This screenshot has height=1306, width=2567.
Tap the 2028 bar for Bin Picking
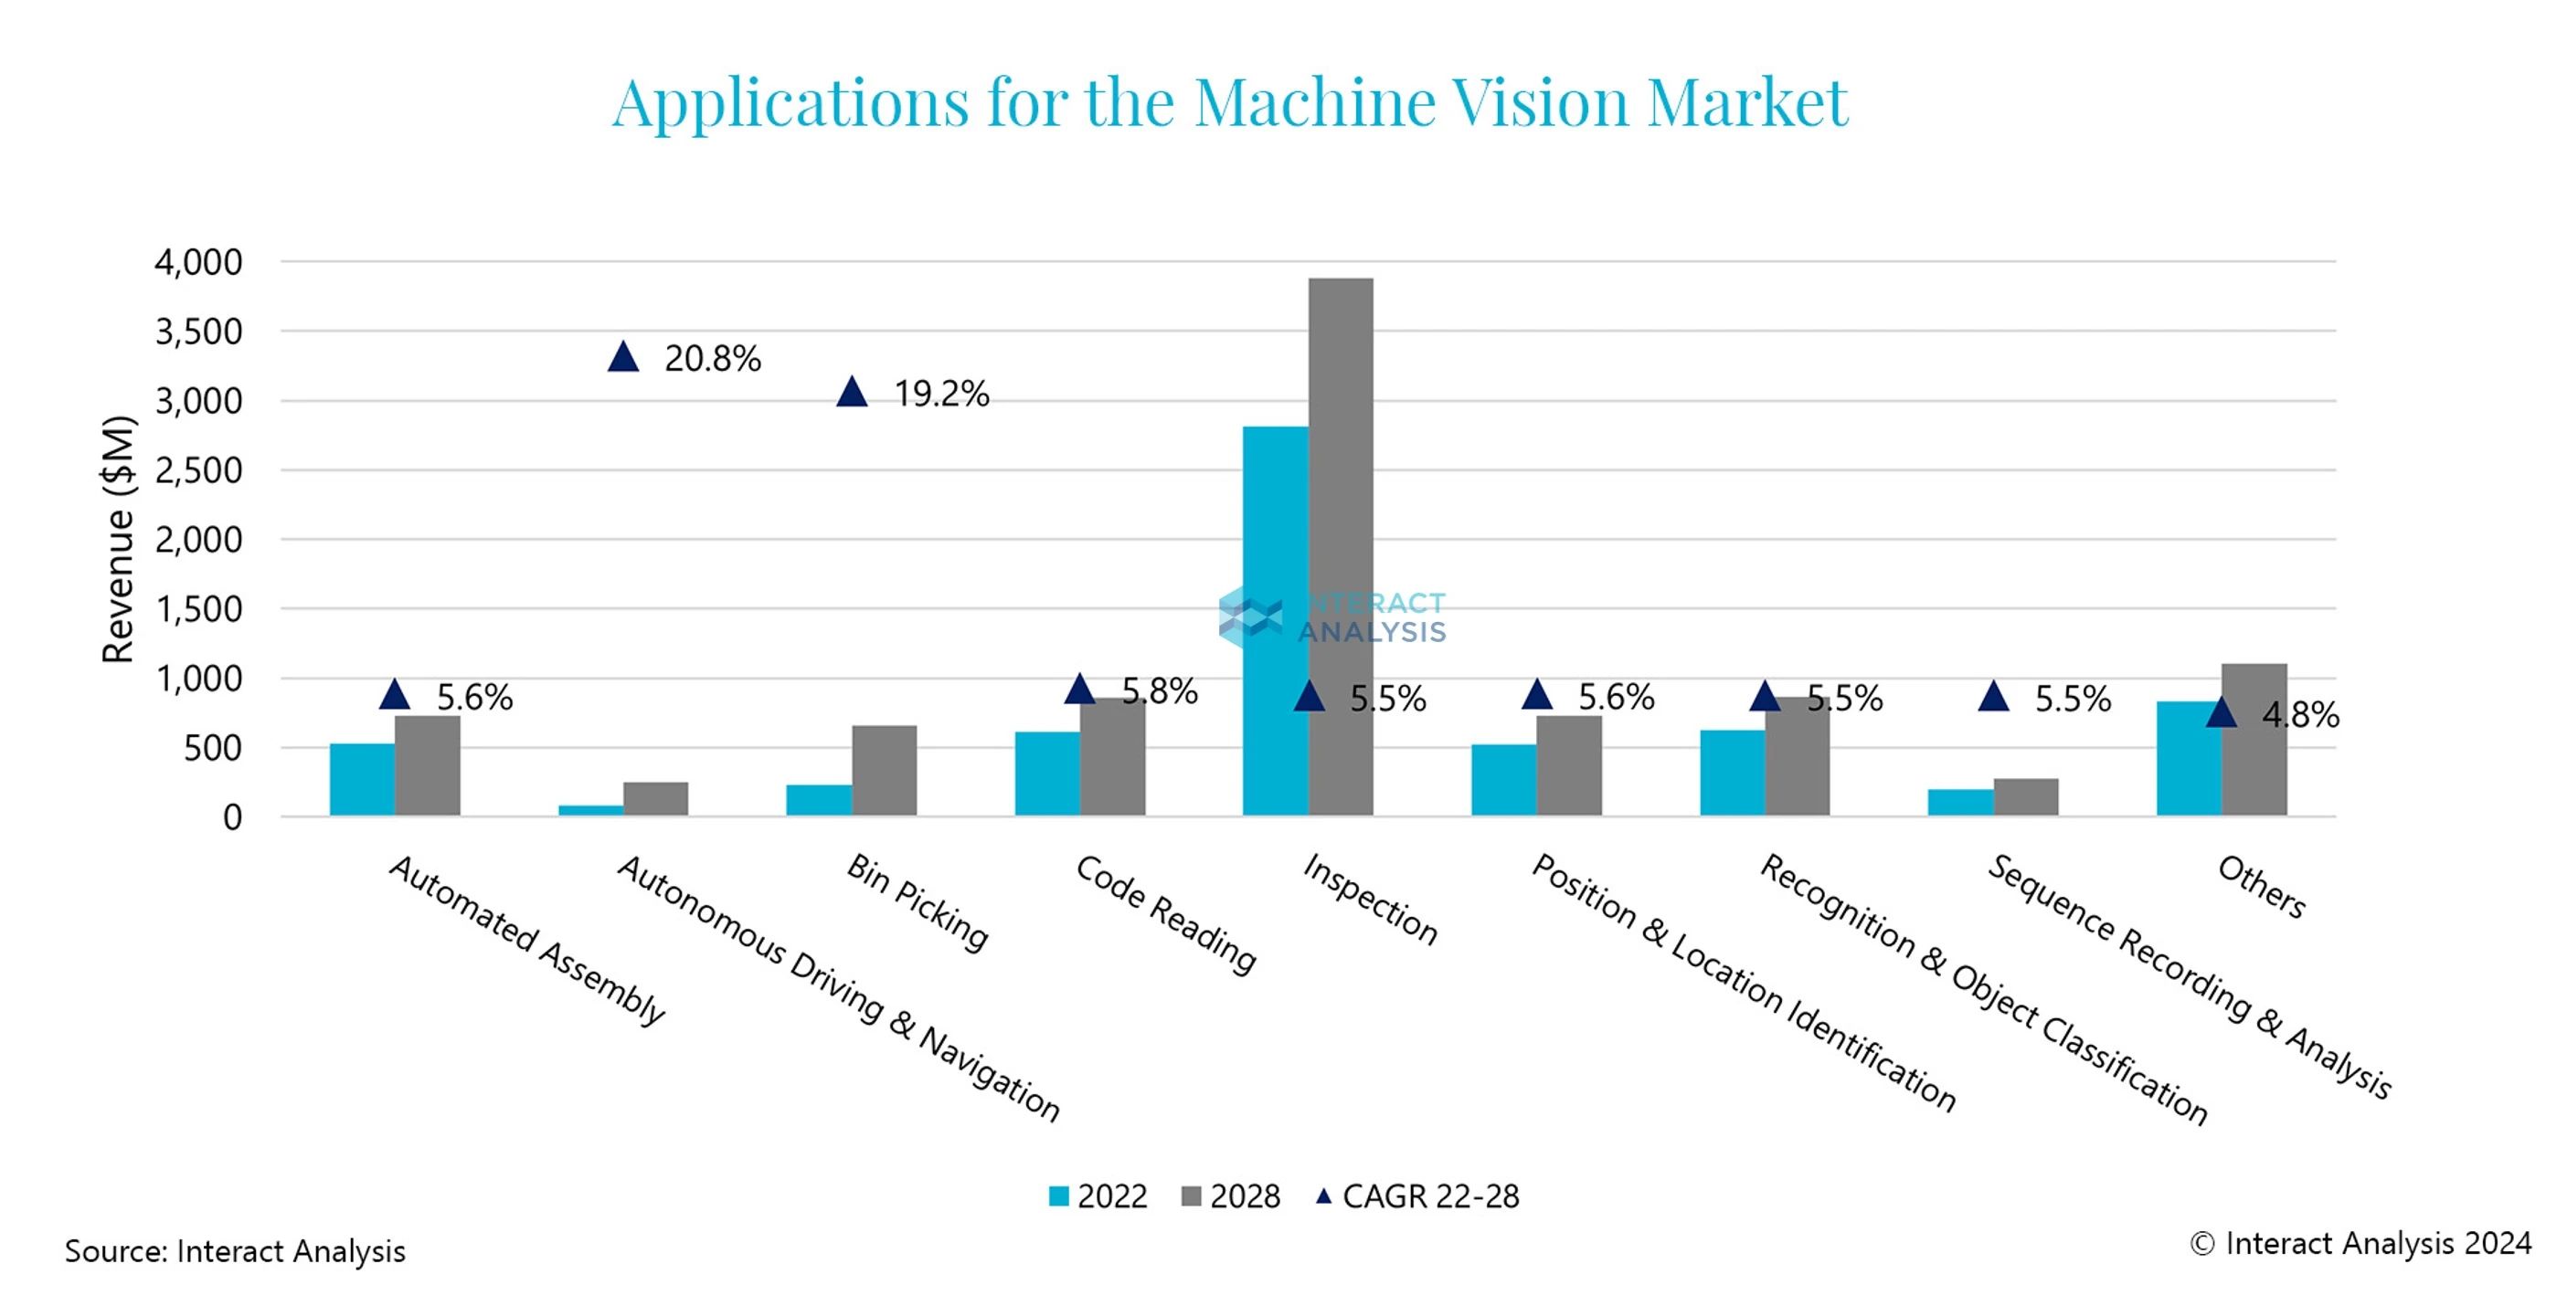(x=884, y=770)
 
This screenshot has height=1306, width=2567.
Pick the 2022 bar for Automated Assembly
(x=362, y=779)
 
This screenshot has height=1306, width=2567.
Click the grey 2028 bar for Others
(x=2254, y=739)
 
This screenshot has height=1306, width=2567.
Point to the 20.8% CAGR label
(x=713, y=359)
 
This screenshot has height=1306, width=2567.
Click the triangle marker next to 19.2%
(x=852, y=393)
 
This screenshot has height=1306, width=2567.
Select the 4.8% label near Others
(x=2300, y=714)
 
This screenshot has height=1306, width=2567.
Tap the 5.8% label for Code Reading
(x=1159, y=690)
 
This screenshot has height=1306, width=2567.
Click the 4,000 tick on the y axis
(x=198, y=262)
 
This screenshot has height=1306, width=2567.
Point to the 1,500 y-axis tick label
(x=198, y=608)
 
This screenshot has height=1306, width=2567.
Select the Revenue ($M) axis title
(x=118, y=539)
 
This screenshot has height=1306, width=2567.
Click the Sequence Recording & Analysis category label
(x=2189, y=976)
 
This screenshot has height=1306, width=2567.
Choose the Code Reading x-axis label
(x=1165, y=913)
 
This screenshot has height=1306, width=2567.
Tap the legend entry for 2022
(x=1098, y=1195)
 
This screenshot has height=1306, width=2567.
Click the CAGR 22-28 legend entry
(x=1418, y=1195)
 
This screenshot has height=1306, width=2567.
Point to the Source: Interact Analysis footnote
(x=235, y=1251)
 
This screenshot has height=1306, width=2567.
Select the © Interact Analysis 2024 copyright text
(x=2360, y=1243)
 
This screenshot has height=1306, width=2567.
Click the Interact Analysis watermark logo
(x=1332, y=617)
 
